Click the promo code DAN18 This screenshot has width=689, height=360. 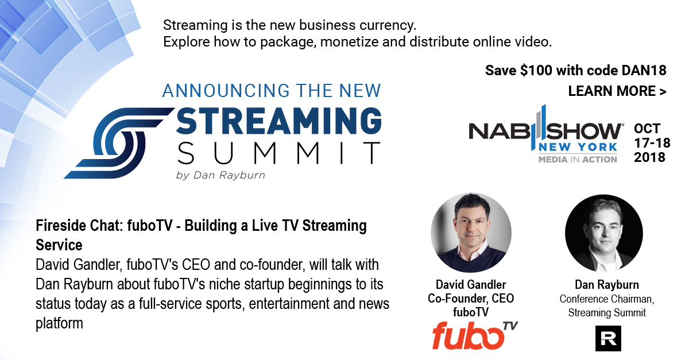(x=644, y=71)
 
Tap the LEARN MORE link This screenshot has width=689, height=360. (x=617, y=91)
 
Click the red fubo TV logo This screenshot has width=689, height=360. (x=475, y=335)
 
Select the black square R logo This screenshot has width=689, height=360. (x=608, y=338)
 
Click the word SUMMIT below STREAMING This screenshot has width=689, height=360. (x=278, y=153)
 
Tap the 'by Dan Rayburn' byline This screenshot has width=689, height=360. (x=220, y=175)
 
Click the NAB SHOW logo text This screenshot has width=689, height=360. (x=545, y=131)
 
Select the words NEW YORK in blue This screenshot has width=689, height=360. (x=578, y=148)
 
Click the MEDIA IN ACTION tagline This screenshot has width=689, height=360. (x=578, y=160)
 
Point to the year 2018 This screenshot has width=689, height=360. (x=649, y=157)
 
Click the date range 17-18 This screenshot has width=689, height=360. (x=652, y=143)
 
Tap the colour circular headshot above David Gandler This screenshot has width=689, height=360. (x=471, y=233)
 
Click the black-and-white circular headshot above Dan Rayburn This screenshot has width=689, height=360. (x=604, y=233)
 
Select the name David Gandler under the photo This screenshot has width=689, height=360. (x=471, y=285)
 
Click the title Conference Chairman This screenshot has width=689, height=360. (x=606, y=299)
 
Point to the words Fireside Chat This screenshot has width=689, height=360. (x=79, y=226)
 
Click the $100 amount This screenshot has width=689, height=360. (x=536, y=71)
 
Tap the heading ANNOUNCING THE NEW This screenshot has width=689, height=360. (x=272, y=91)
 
